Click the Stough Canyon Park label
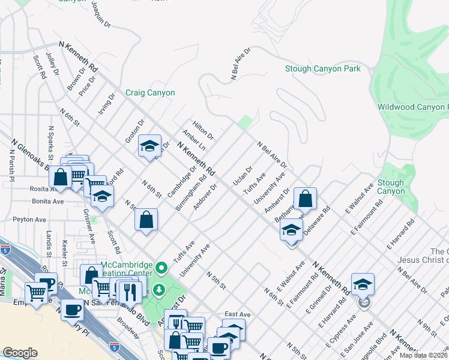322,68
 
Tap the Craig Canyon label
150,93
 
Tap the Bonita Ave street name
48,202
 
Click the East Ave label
237,314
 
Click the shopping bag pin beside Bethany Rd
305,199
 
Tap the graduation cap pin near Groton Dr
149,146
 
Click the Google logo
20,353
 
